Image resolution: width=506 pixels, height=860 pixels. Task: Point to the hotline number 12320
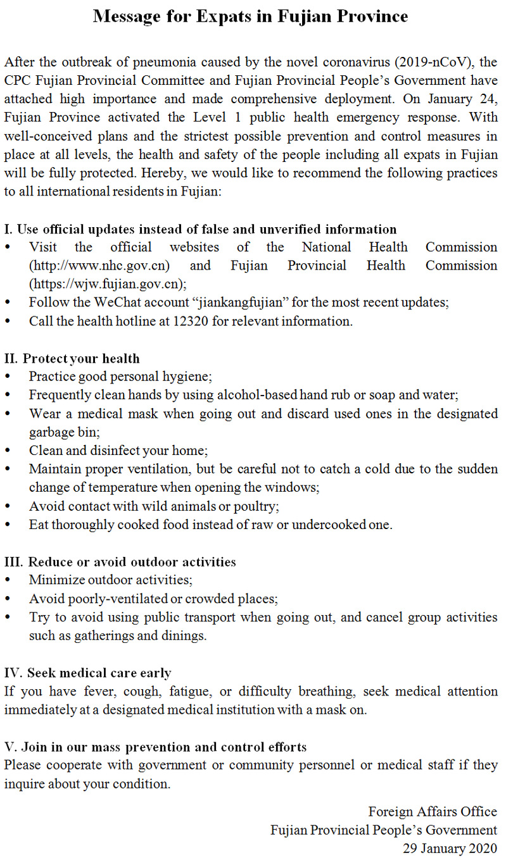tap(189, 321)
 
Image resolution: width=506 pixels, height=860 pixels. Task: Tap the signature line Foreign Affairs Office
tap(433, 812)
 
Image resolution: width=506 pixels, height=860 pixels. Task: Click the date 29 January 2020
tap(450, 849)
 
